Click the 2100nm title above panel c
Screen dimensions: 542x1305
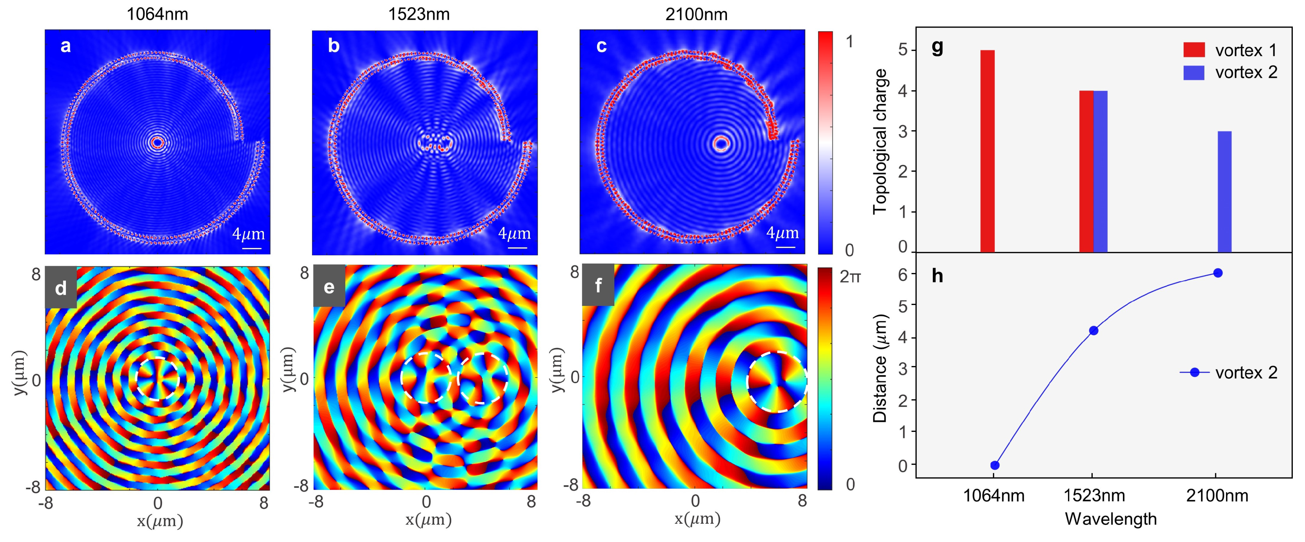coord(696,14)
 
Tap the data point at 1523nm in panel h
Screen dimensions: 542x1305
coord(1093,330)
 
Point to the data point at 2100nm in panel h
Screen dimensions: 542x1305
coord(1218,273)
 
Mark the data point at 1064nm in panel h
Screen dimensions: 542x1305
coord(994,465)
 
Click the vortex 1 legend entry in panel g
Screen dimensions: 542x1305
coord(1230,50)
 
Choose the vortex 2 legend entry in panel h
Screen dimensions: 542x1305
coord(1230,373)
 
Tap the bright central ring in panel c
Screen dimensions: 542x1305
coord(720,143)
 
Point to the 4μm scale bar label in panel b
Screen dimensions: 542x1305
coord(514,233)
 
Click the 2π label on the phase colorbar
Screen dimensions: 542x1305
coord(850,276)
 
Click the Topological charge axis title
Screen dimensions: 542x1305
coord(880,142)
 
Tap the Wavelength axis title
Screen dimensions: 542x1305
coord(1110,519)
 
